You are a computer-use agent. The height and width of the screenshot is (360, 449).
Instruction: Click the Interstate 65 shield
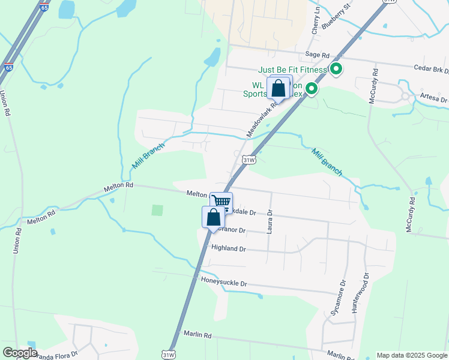point(9,68)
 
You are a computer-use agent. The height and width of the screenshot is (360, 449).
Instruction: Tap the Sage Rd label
point(318,55)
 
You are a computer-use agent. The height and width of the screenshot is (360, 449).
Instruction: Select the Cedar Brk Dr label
point(431,70)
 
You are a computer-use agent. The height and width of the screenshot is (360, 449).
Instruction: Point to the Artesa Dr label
point(434,98)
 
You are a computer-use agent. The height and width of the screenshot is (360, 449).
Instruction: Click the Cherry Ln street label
point(315,25)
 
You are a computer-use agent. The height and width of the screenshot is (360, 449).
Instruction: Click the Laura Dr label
point(270,220)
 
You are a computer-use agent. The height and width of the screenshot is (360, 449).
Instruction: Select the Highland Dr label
point(228,248)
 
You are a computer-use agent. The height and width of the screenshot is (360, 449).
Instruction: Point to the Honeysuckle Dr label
point(224,283)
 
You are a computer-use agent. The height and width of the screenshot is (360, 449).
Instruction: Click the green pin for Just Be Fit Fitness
point(336,70)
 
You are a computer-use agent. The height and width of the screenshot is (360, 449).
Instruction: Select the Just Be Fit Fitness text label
point(294,70)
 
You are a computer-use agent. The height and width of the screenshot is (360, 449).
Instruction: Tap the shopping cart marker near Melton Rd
point(221,202)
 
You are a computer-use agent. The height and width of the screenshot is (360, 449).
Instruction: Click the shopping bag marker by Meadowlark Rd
point(279,88)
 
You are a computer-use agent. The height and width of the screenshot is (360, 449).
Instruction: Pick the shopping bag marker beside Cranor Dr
point(213,217)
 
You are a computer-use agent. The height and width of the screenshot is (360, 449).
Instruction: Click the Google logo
point(20,353)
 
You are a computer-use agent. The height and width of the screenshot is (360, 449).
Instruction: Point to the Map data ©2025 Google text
point(412,355)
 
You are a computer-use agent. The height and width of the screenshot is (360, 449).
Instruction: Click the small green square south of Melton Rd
point(157,210)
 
